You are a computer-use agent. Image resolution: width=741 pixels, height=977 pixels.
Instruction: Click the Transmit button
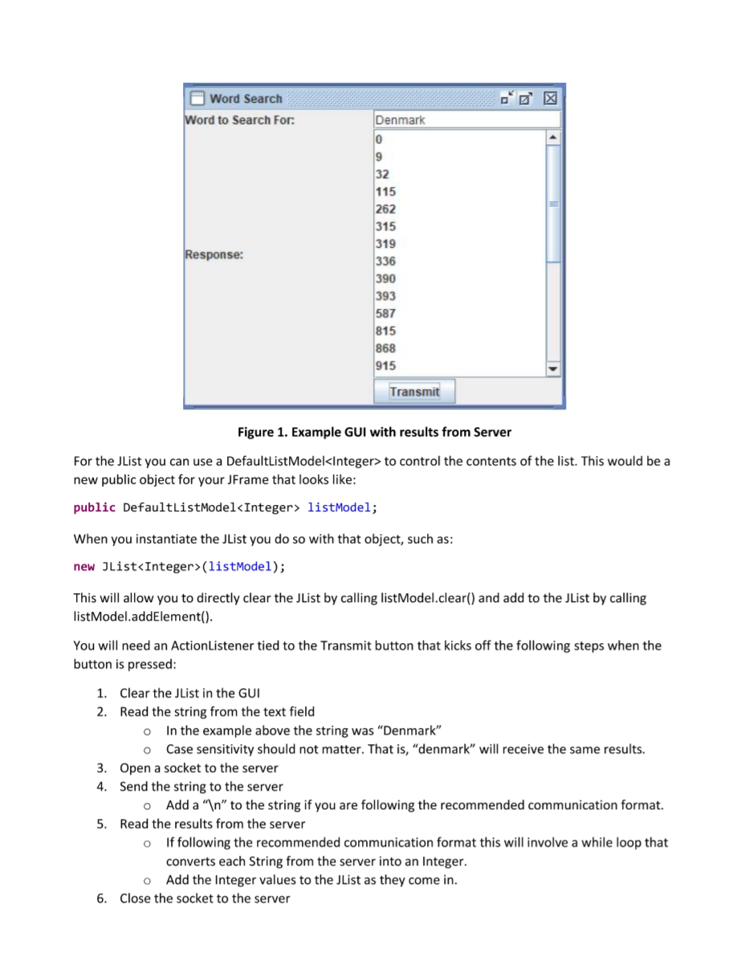pyautogui.click(x=414, y=392)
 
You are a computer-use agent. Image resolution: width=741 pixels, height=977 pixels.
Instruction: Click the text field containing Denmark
pyautogui.click(x=466, y=120)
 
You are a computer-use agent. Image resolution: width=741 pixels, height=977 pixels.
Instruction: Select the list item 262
pyautogui.click(x=386, y=209)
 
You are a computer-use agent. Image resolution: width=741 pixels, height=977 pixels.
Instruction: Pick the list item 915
pyautogui.click(x=386, y=365)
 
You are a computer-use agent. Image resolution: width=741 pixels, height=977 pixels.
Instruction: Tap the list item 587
pyautogui.click(x=386, y=313)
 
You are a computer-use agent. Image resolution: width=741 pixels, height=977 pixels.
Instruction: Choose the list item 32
pyautogui.click(x=383, y=173)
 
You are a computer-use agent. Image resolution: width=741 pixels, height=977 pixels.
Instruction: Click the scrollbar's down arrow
pyautogui.click(x=552, y=368)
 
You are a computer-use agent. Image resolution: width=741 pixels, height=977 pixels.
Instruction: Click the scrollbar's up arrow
pyautogui.click(x=552, y=138)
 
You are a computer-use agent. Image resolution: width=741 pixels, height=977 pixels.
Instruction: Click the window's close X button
pyautogui.click(x=550, y=99)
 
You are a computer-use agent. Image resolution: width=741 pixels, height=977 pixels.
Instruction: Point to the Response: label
pyautogui.click(x=214, y=254)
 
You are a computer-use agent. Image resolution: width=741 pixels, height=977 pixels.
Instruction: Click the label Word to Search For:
pyautogui.click(x=240, y=120)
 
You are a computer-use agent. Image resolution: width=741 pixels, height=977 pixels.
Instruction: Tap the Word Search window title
pyautogui.click(x=246, y=99)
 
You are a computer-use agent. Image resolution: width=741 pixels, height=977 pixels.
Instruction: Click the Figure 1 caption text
pyautogui.click(x=374, y=432)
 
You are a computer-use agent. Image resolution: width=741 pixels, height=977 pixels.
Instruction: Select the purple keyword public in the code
pyautogui.click(x=95, y=507)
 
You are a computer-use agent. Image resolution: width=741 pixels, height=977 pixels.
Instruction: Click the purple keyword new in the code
pyautogui.click(x=84, y=567)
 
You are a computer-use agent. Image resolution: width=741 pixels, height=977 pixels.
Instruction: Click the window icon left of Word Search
pyautogui.click(x=197, y=99)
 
